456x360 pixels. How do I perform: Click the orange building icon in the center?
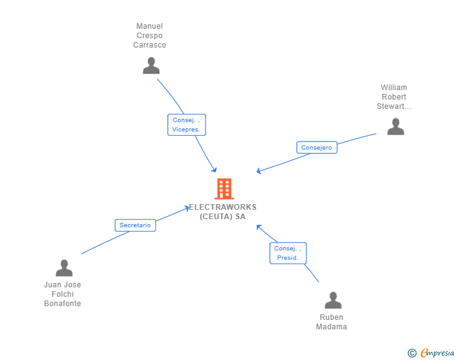(224, 188)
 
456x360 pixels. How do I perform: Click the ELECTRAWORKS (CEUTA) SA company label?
(223, 212)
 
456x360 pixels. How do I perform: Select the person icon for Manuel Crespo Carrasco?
(151, 66)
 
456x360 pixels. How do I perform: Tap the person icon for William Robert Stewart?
(395, 126)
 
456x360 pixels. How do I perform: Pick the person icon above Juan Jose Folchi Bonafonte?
(64, 268)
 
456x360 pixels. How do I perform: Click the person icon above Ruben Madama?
(333, 301)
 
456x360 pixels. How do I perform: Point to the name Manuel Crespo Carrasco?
(150, 36)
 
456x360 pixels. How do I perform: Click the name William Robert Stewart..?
(394, 97)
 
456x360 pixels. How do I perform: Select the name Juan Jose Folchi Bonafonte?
(63, 294)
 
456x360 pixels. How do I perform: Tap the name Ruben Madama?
(331, 322)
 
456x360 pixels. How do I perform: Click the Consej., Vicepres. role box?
(187, 125)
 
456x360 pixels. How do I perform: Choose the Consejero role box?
(316, 148)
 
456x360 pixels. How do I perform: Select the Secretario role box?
(135, 225)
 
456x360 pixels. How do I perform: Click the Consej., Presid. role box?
(288, 253)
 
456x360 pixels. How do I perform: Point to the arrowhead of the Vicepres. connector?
(215, 170)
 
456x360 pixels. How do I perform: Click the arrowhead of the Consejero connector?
(259, 171)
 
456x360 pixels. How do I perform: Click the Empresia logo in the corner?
(437, 353)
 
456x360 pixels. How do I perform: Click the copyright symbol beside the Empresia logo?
(412, 353)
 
